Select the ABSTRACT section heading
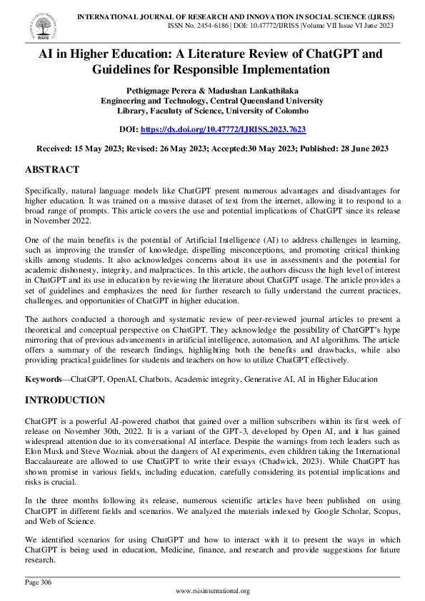52,170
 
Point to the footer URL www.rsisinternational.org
212,591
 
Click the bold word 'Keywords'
42,380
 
